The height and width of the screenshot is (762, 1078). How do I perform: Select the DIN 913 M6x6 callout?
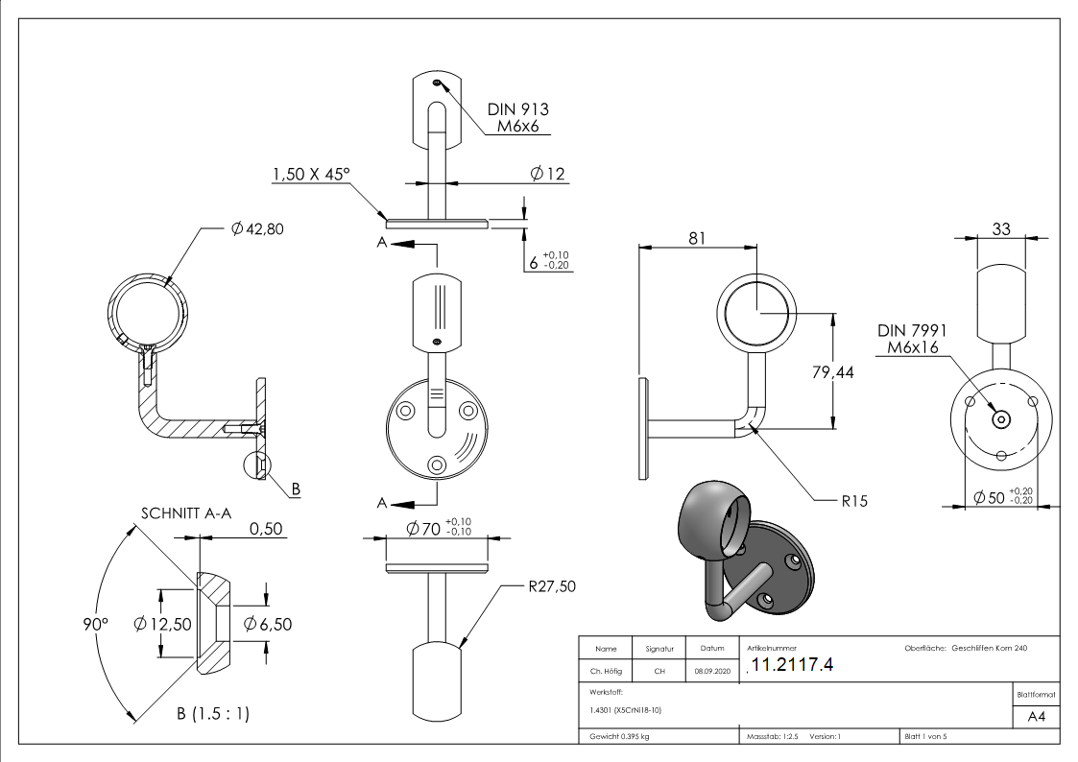(517, 118)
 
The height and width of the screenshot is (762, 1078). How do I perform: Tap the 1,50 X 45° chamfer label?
(311, 175)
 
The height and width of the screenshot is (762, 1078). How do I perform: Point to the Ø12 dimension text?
(547, 174)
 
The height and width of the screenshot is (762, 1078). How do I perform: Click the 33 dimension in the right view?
(1000, 228)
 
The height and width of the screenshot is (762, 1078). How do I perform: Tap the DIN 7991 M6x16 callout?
(912, 338)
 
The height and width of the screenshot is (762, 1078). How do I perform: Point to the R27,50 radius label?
(552, 586)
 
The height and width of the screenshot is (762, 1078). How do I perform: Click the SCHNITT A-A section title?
(186, 513)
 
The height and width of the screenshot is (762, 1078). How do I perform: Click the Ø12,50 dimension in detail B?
(163, 625)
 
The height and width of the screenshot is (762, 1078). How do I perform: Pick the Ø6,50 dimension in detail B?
(268, 625)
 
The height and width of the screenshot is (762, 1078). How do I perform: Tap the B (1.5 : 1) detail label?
(212, 714)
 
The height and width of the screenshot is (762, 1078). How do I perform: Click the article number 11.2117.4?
(793, 665)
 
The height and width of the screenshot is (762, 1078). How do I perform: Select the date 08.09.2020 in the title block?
(711, 672)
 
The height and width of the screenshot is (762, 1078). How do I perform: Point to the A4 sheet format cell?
(1036, 717)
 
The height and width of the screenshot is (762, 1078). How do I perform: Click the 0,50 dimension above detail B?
(267, 530)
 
